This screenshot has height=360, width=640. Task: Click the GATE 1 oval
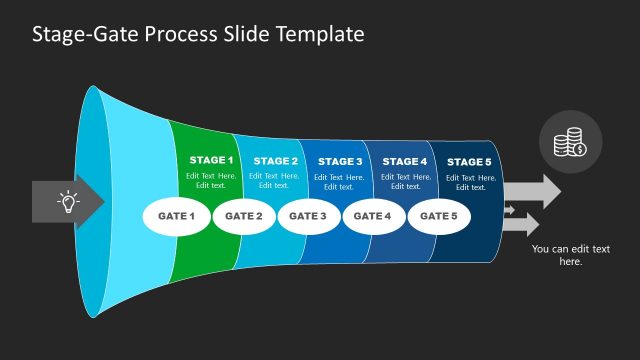pos(176,216)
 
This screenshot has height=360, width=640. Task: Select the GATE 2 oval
pos(244,216)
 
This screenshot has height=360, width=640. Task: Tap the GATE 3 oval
pos(308,216)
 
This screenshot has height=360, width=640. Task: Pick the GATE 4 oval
pos(373,216)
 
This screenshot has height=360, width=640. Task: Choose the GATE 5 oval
pos(439,216)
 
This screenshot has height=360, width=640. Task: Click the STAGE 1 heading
pos(211,160)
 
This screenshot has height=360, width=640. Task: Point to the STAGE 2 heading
pos(275,161)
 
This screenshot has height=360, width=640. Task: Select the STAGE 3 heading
pos(340,161)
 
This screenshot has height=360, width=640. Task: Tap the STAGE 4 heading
pos(405,161)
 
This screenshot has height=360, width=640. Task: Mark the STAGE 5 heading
pos(469,162)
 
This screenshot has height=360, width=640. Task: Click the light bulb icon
pos(68,202)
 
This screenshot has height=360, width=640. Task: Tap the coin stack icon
pos(571,143)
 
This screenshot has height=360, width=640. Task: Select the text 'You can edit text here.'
pos(570,255)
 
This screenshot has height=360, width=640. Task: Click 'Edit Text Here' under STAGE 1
pos(211,177)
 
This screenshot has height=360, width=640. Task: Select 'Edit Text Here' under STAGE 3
pos(340,177)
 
